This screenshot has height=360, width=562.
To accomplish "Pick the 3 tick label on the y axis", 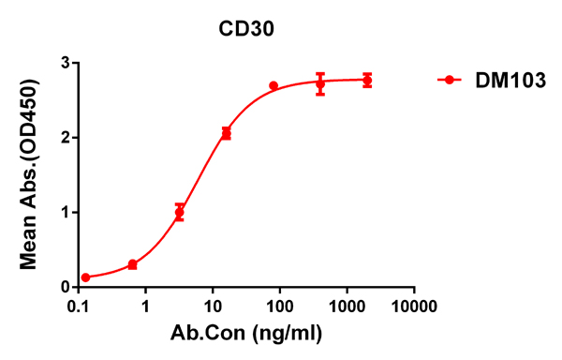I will [65, 63].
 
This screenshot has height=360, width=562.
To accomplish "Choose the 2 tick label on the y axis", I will [65, 138].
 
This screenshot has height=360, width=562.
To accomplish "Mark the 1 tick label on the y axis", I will [65, 212].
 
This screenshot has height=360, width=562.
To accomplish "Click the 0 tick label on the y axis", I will [65, 287].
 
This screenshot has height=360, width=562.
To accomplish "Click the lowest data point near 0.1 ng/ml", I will [86, 277].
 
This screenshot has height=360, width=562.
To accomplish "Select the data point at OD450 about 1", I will [180, 213].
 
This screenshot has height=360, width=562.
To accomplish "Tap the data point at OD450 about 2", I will [226, 134].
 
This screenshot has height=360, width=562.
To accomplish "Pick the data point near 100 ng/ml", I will [274, 86].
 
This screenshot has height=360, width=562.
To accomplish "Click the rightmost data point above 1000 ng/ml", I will [367, 81].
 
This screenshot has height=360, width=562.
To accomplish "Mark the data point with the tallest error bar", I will [320, 84].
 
